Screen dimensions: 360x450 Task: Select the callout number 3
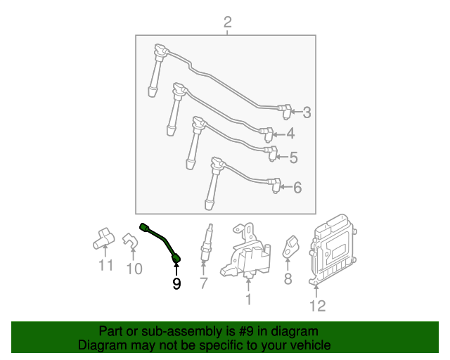(x=306, y=112)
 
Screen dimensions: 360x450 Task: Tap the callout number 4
(x=290, y=134)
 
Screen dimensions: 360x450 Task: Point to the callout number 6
(x=297, y=188)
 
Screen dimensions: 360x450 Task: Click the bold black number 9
(x=176, y=283)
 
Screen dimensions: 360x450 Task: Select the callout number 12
(x=318, y=305)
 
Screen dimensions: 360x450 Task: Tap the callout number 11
(x=105, y=266)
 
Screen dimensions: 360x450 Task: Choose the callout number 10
(x=134, y=269)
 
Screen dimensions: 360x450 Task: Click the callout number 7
(x=203, y=283)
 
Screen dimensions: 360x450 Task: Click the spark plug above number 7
(x=205, y=243)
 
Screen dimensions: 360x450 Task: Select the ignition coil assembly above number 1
(x=246, y=253)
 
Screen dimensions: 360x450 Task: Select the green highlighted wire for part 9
(x=161, y=240)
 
